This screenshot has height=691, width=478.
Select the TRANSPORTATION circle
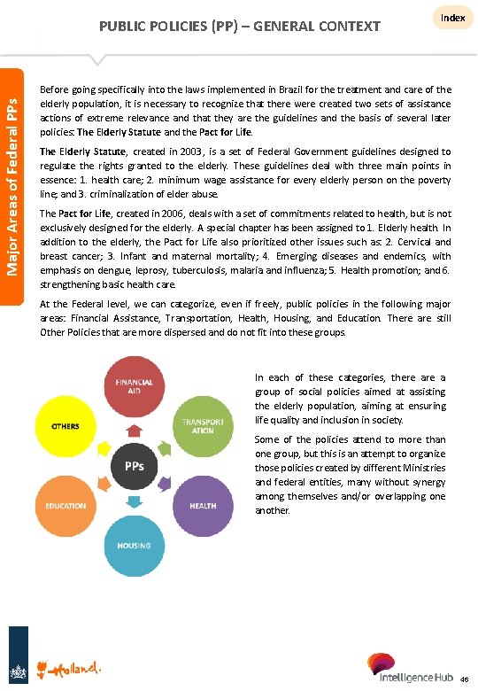(x=202, y=424)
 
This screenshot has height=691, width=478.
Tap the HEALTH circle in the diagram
(x=202, y=505)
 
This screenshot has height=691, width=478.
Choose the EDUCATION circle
(x=66, y=505)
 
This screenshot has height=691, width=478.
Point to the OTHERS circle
(x=66, y=425)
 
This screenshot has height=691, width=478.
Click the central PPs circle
(x=134, y=465)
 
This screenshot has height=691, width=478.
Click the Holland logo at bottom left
(x=74, y=665)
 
